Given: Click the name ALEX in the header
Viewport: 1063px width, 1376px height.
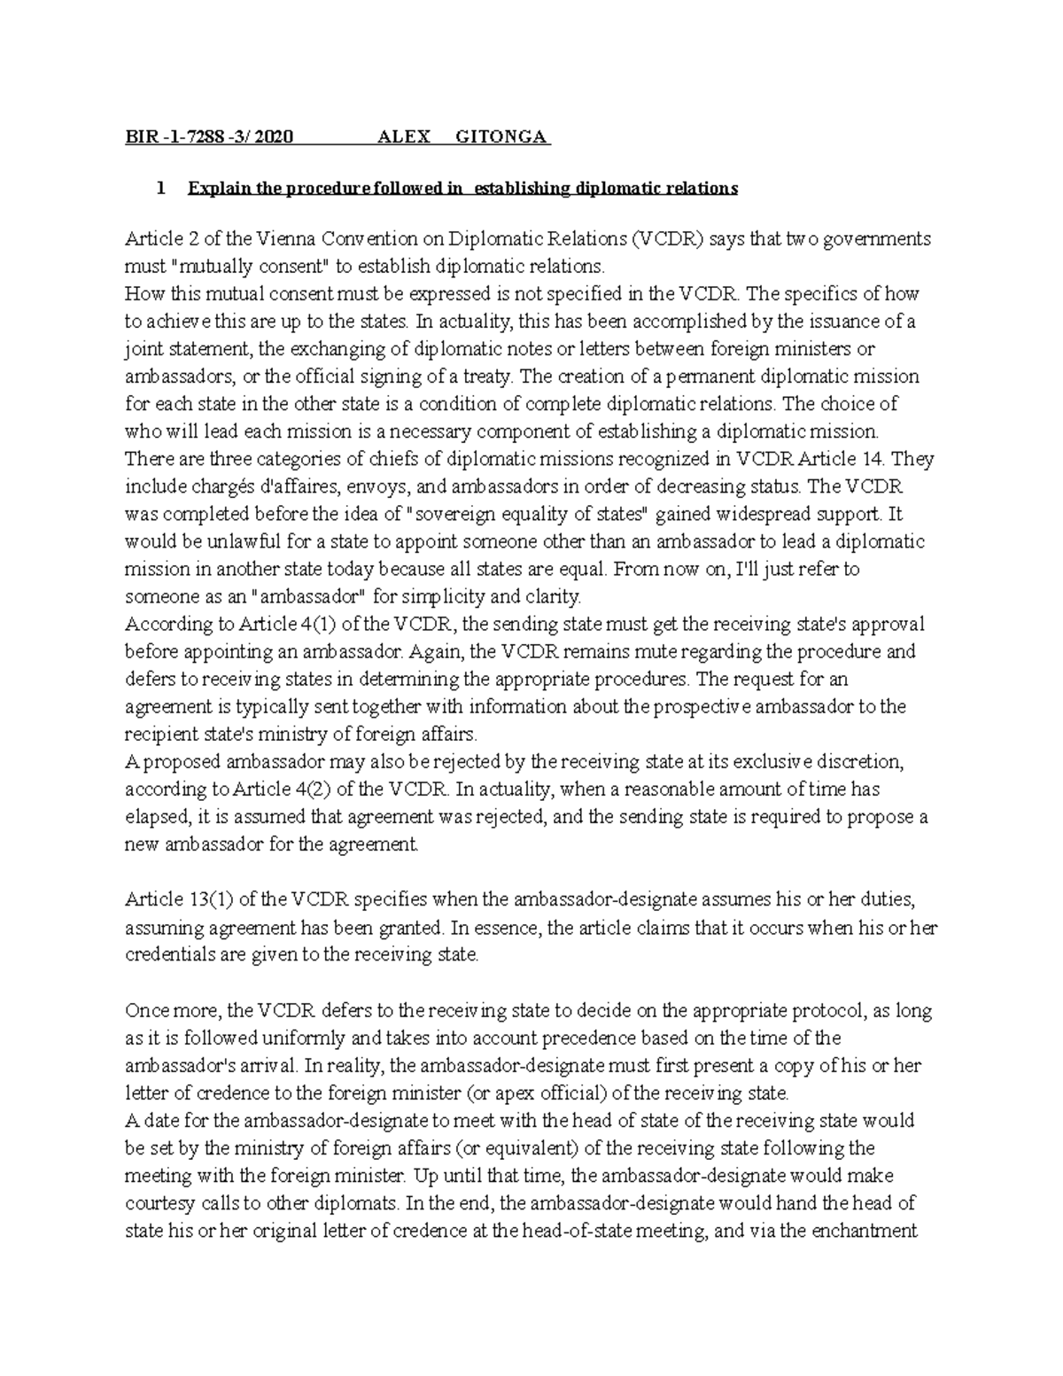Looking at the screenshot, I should (x=404, y=137).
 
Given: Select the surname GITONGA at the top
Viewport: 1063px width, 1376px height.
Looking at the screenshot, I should (x=502, y=137).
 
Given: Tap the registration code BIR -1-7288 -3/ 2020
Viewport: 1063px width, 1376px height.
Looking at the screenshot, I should (x=209, y=137).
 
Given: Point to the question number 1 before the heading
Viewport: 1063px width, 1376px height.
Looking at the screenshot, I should (x=160, y=188).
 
